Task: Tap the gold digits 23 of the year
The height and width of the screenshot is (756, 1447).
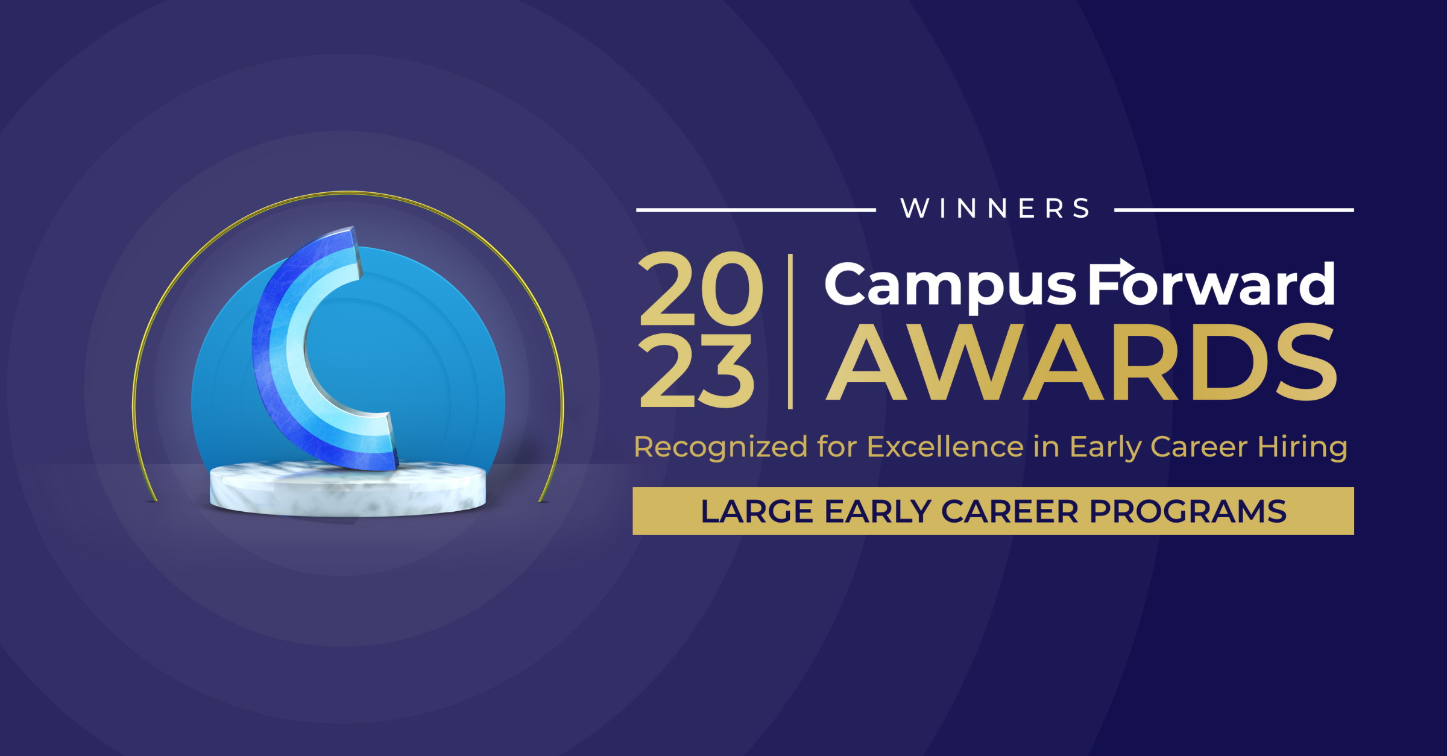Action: [697, 371]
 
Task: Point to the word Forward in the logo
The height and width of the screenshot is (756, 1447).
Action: [1212, 285]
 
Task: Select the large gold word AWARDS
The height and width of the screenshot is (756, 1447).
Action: [1082, 363]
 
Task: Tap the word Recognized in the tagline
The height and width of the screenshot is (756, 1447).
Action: [720, 447]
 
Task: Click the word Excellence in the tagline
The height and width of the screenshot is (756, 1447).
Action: [945, 447]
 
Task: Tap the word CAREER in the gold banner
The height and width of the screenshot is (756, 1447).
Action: [1010, 511]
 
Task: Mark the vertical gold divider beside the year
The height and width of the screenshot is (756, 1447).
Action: [790, 332]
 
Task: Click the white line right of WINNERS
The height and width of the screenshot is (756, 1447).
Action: [1234, 210]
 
